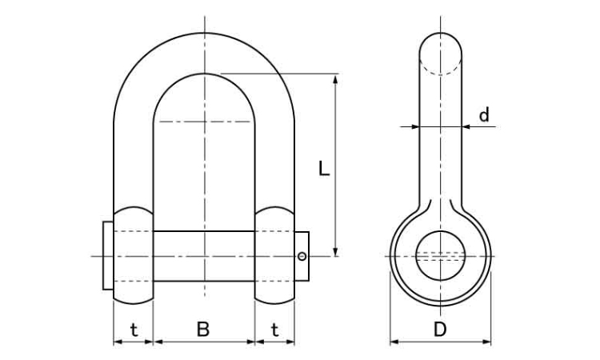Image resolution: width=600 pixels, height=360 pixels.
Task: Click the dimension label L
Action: [322, 169]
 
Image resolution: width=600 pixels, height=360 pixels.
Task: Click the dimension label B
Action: [203, 329]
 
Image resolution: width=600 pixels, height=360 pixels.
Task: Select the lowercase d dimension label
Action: [483, 115]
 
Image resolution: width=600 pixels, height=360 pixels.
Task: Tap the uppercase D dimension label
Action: [439, 329]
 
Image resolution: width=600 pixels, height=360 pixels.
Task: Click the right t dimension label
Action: [274, 329]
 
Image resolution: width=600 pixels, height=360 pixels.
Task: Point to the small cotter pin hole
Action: [301, 256]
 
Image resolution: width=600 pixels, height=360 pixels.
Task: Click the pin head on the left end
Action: [107, 256]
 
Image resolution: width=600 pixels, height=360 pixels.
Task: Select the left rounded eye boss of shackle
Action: [133, 256]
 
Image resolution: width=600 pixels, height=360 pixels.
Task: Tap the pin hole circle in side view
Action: [440, 255]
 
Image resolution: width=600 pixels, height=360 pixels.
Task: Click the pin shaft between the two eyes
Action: [203, 256]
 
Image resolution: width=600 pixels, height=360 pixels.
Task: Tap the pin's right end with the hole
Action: [302, 256]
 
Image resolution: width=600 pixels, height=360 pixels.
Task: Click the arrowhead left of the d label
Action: [414, 126]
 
